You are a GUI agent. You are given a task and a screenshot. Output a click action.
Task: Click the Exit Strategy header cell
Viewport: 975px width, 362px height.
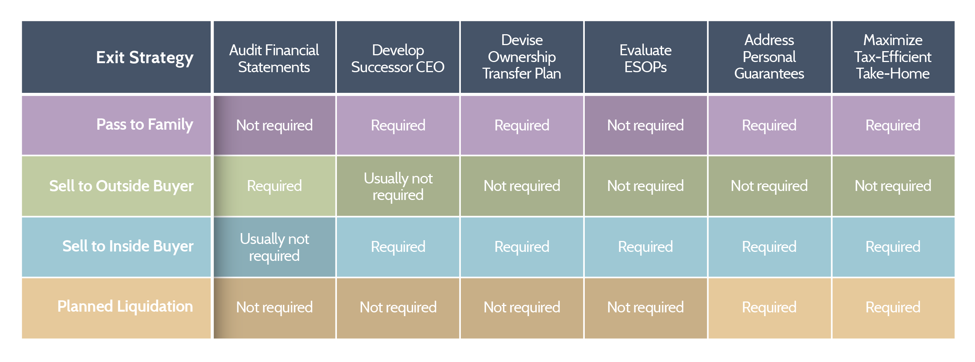(x=145, y=58)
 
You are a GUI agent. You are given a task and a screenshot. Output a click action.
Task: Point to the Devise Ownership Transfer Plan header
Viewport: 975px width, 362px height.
(x=522, y=57)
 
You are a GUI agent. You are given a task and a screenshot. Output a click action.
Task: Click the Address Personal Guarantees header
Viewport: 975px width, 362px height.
(x=769, y=57)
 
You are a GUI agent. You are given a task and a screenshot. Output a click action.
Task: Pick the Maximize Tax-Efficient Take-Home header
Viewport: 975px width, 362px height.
(x=893, y=57)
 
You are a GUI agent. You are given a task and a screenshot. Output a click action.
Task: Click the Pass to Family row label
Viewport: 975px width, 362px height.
(x=145, y=124)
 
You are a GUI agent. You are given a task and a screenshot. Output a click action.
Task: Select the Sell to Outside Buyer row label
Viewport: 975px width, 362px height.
(x=121, y=186)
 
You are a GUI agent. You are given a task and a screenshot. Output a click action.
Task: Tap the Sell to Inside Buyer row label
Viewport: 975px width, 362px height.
(x=128, y=246)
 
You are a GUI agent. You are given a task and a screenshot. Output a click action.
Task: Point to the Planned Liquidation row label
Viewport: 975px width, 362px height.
(x=125, y=306)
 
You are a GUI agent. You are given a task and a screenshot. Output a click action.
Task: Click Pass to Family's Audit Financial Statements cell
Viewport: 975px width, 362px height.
(x=274, y=125)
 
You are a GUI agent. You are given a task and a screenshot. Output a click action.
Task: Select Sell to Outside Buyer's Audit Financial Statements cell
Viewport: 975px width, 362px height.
(x=274, y=186)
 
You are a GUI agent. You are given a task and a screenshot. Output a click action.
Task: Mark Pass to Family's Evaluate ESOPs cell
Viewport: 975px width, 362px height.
(x=645, y=125)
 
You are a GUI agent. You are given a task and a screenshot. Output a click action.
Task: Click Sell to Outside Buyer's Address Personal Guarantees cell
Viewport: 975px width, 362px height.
(x=769, y=186)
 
